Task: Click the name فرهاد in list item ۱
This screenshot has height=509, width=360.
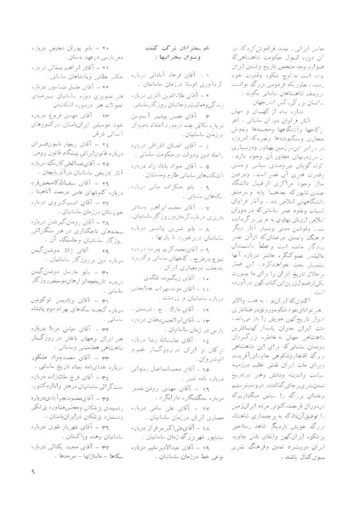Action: pos(178,67)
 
